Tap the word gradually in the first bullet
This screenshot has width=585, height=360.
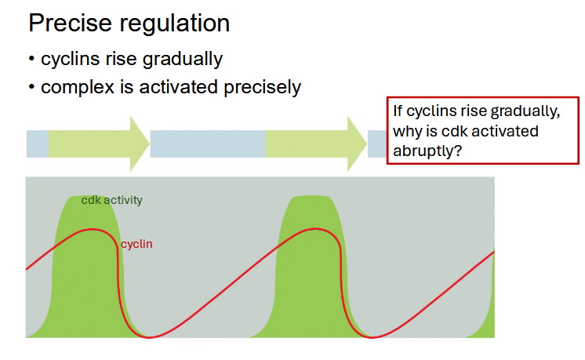(184, 60)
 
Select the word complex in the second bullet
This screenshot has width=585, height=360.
(74, 87)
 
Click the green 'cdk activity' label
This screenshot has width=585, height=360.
(111, 200)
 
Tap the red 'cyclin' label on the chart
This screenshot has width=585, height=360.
(136, 244)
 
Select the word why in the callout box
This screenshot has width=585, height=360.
(409, 131)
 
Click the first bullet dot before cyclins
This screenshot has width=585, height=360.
(32, 60)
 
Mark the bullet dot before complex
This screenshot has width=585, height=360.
(32, 88)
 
